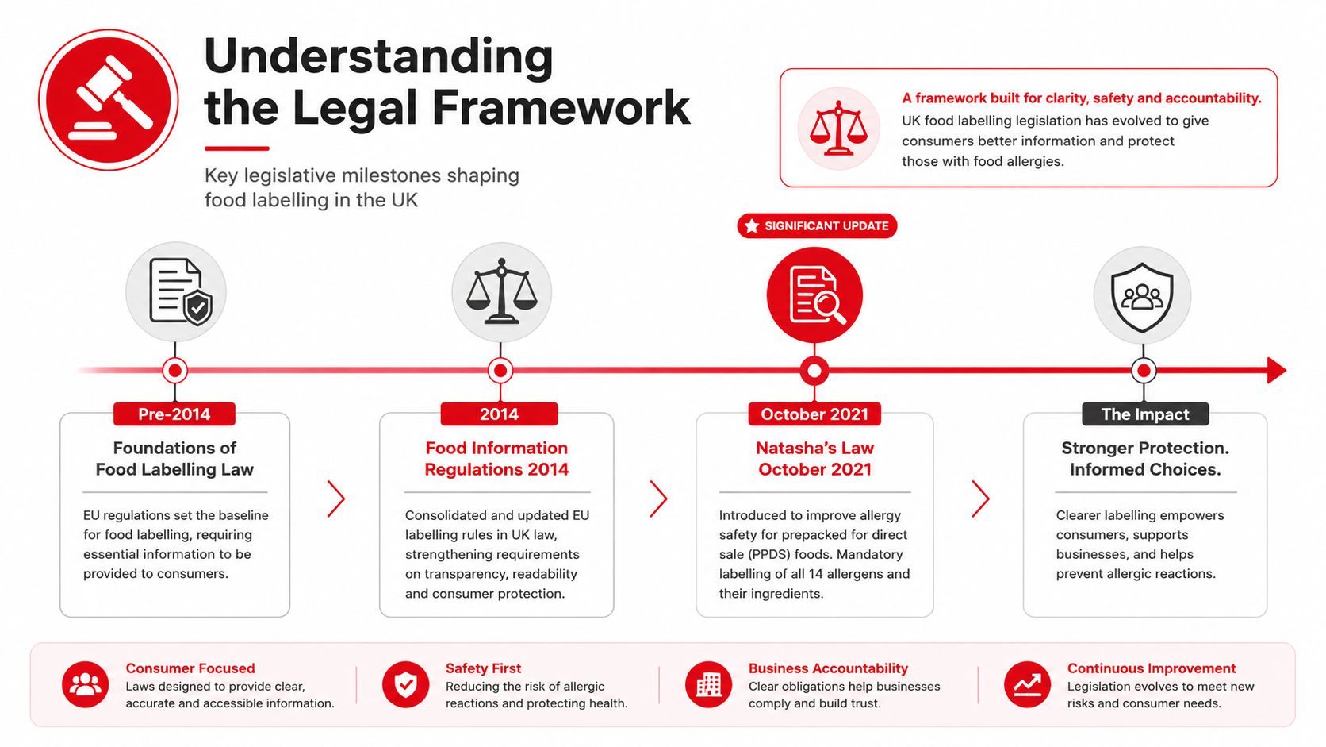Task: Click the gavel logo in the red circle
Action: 109,99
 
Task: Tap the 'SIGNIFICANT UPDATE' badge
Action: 817,225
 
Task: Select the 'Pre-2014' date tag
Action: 174,414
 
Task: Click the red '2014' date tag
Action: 499,414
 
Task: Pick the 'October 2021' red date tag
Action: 814,414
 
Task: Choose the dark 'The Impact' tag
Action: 1145,414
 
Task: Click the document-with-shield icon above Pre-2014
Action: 176,291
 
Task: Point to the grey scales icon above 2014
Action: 501,291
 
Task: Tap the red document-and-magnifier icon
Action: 814,295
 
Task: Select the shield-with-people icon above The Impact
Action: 1142,295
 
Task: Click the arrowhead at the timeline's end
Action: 1276,370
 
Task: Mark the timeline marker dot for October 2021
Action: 814,371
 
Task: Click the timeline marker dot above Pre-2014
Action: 174,371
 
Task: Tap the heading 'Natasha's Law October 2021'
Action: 814,459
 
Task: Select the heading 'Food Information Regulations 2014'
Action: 496,459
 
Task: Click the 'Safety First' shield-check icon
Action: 405,684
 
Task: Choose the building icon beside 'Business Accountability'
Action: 708,684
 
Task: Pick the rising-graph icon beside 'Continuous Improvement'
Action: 1027,684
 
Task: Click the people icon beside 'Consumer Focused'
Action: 85,684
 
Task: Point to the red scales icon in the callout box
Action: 838,128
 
